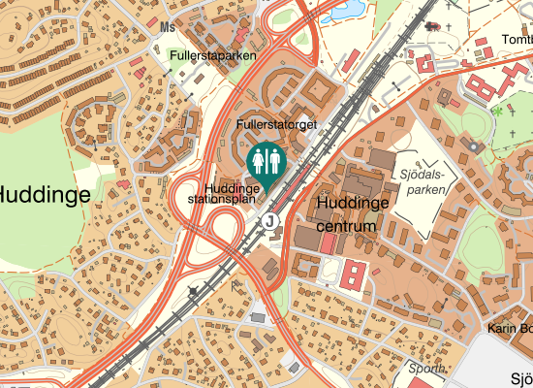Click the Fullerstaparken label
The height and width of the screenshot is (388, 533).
212,56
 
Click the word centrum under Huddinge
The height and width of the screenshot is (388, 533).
346,226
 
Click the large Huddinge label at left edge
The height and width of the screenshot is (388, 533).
45,194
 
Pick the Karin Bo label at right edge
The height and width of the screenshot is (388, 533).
510,329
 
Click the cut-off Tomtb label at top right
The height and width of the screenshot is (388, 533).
517,40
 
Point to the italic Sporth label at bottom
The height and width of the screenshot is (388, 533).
426,370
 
